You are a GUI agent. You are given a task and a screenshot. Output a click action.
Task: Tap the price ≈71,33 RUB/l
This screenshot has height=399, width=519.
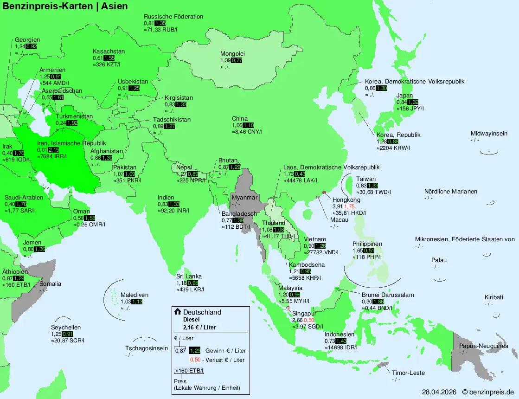pyautogui.click(x=160, y=29)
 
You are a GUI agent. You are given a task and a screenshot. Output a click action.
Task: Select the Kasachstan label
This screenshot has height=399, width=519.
pyautogui.click(x=109, y=51)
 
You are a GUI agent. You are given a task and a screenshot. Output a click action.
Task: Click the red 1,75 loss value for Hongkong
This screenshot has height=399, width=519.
pyautogui.click(x=349, y=206)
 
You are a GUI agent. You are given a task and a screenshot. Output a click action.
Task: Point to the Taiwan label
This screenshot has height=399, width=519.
pyautogui.click(x=366, y=179)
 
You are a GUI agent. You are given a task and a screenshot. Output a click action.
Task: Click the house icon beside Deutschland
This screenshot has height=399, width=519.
pyautogui.click(x=177, y=312)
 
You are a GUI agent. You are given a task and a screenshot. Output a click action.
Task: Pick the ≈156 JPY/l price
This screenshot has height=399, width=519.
pyautogui.click(x=410, y=108)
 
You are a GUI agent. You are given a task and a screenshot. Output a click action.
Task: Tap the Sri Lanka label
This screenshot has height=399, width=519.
pyautogui.click(x=189, y=277)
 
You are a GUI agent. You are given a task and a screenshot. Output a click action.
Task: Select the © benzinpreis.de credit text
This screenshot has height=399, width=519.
pyautogui.click(x=488, y=392)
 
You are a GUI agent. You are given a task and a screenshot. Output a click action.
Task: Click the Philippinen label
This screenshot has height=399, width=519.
pyautogui.click(x=367, y=244)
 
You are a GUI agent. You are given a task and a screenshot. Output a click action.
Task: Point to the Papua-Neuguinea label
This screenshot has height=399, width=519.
pyautogui.click(x=483, y=346)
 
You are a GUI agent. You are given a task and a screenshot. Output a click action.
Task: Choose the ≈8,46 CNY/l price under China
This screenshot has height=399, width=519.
pyautogui.click(x=247, y=131)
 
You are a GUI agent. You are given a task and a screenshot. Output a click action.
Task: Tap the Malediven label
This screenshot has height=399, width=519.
pyautogui.click(x=134, y=295)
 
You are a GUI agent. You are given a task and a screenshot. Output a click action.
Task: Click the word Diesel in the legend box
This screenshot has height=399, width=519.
pyautogui.click(x=192, y=320)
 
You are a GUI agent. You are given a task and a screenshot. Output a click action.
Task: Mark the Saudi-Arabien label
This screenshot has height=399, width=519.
pyautogui.click(x=24, y=198)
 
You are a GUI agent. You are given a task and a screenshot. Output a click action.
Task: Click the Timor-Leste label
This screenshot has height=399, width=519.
pyautogui.click(x=408, y=373)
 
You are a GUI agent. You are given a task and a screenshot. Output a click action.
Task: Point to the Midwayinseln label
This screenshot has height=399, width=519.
pyautogui.click(x=489, y=134)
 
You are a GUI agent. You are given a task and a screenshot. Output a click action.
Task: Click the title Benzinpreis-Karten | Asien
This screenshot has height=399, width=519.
pyautogui.click(x=65, y=6)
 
